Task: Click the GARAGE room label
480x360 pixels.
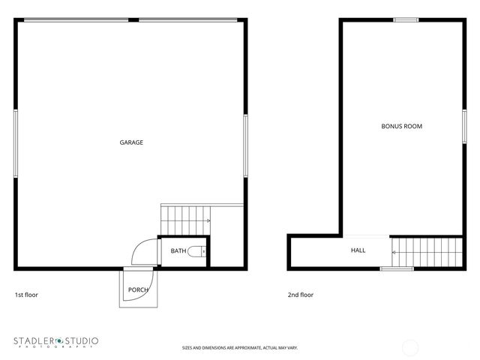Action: pyautogui.click(x=131, y=142)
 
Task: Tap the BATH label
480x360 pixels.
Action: pyautogui.click(x=178, y=251)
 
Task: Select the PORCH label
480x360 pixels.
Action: pyautogui.click(x=138, y=289)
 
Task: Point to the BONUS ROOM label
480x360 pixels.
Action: pyautogui.click(x=402, y=127)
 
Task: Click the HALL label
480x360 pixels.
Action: pyautogui.click(x=358, y=250)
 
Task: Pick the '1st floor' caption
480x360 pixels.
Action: pyautogui.click(x=26, y=295)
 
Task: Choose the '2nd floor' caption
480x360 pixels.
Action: pyautogui.click(x=301, y=295)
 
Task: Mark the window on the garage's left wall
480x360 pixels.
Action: pyautogui.click(x=15, y=144)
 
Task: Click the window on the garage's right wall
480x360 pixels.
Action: pyautogui.click(x=245, y=145)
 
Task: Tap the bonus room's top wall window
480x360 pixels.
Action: pyautogui.click(x=406, y=19)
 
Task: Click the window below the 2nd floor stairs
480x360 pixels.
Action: pyautogui.click(x=397, y=268)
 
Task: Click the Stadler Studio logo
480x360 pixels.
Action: pyautogui.click(x=55, y=342)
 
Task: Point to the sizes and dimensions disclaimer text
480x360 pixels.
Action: pyautogui.click(x=240, y=348)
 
